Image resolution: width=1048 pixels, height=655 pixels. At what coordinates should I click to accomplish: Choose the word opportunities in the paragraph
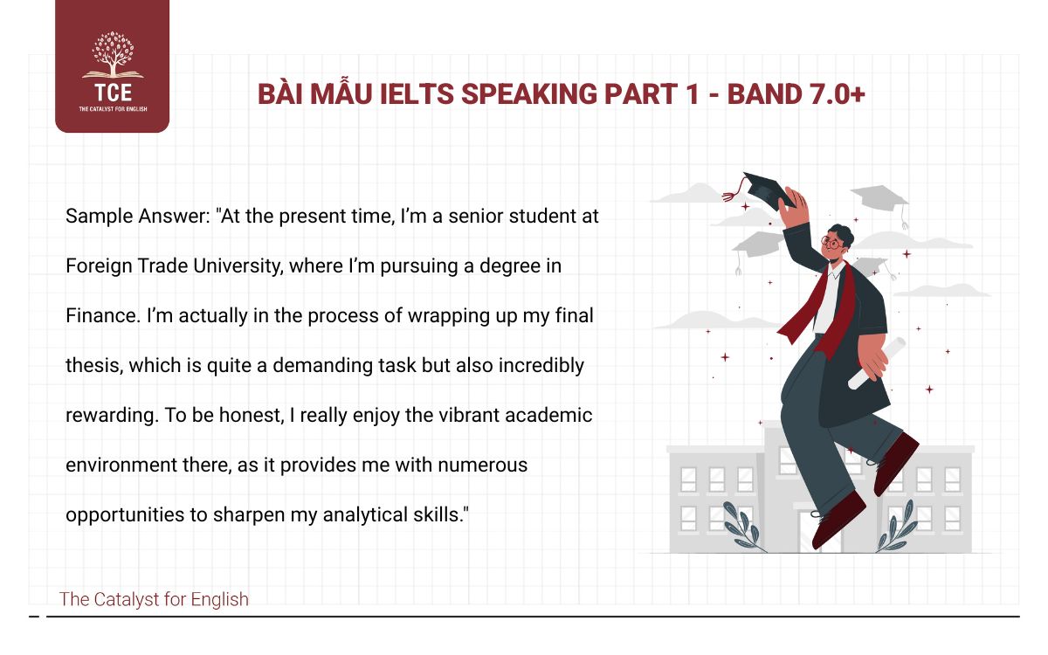pyautogui.click(x=124, y=515)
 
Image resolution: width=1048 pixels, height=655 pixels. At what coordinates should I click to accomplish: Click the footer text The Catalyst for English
pyautogui.click(x=154, y=599)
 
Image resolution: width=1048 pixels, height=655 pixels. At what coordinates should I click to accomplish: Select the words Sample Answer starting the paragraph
pyautogui.click(x=139, y=217)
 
